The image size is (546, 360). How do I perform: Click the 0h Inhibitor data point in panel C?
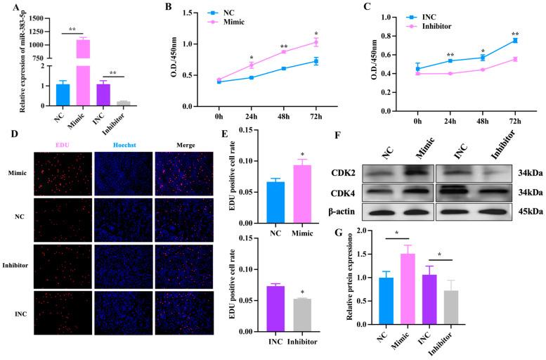click(418, 73)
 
